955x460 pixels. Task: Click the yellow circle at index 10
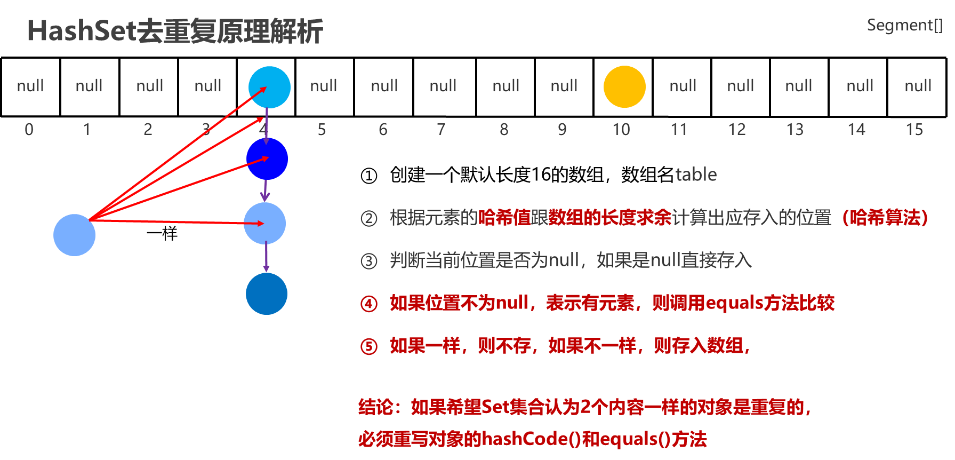624,86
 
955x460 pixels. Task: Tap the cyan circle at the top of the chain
269,87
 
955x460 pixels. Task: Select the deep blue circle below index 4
267,159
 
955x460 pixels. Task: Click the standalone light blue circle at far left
74,235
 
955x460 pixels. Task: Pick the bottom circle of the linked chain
267,294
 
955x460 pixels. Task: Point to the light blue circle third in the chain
264,223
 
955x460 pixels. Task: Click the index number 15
914,129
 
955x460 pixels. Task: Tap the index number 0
29,129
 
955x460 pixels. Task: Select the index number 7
441,129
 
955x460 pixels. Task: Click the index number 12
737,129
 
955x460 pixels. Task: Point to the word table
696,175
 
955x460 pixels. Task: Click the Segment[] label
904,25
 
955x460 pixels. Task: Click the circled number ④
369,304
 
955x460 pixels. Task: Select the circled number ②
369,218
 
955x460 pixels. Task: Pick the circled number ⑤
369,346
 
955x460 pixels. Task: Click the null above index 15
918,86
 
